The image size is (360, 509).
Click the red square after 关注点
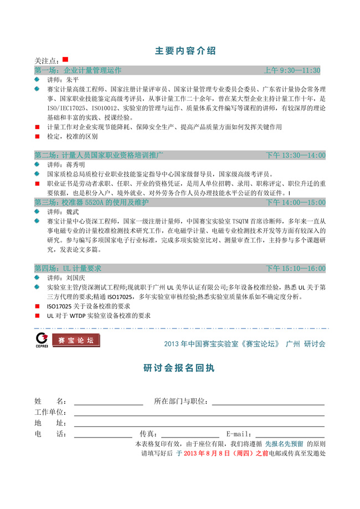65,59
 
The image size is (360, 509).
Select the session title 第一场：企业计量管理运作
78,70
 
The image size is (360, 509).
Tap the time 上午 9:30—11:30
292,70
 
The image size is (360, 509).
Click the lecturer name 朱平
73,80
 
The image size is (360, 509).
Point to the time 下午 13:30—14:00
296,155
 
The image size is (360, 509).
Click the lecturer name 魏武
73,212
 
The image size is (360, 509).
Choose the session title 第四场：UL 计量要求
68,268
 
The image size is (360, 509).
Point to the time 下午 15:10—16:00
296,268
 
